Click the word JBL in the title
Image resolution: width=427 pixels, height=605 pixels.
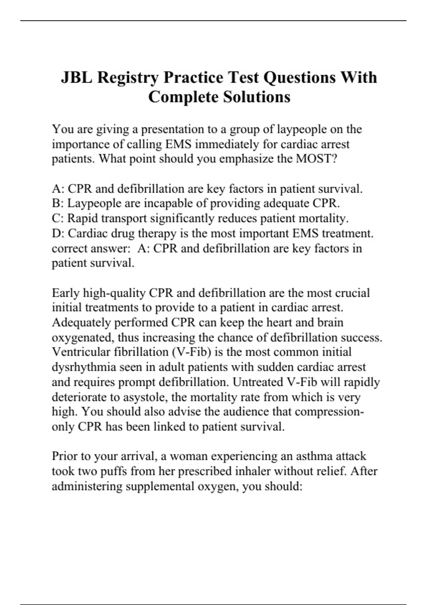point(76,77)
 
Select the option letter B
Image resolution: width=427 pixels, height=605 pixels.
point(56,203)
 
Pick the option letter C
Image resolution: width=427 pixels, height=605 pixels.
point(56,218)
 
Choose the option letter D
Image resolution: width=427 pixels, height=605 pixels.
point(57,233)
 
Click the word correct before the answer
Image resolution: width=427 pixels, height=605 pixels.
point(69,248)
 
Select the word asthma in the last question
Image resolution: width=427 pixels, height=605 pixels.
point(313,456)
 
